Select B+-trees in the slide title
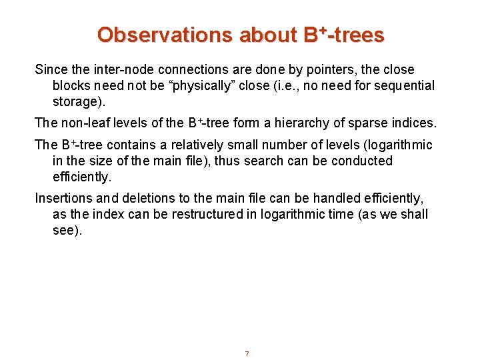(x=344, y=35)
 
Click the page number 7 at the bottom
(x=247, y=353)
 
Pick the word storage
(x=78, y=101)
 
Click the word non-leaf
(x=82, y=123)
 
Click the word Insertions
(x=63, y=199)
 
